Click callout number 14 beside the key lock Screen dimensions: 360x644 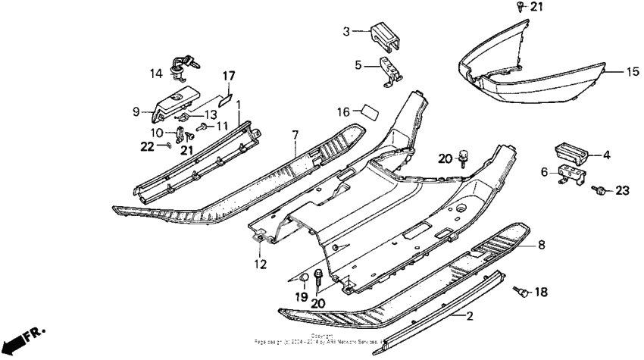155,74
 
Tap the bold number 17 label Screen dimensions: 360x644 229,76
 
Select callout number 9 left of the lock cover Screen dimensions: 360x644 136,111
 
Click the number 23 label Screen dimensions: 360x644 622,191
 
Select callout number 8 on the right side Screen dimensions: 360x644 541,245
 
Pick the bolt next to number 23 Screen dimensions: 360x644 599,189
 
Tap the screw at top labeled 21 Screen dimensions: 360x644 517,7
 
